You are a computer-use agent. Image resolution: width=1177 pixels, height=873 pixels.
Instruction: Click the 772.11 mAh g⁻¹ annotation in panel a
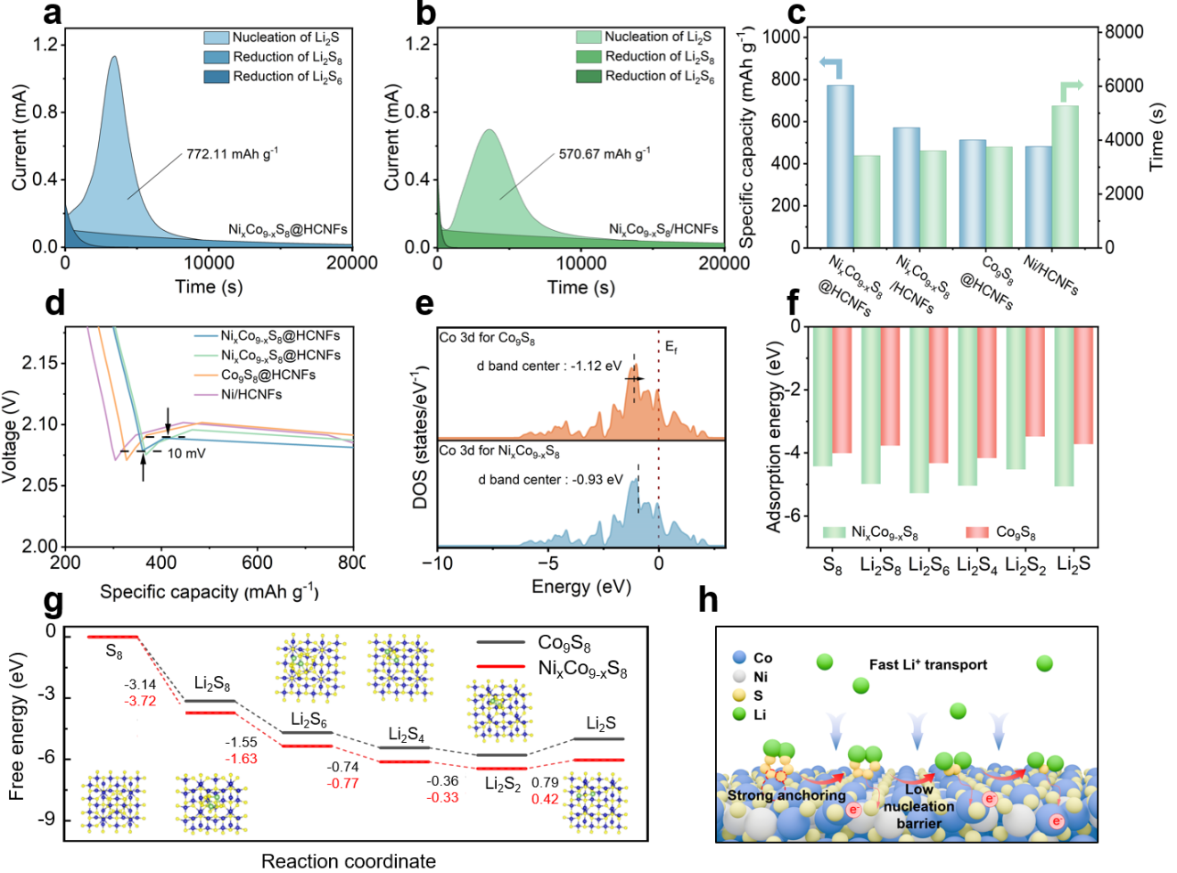[x=231, y=154]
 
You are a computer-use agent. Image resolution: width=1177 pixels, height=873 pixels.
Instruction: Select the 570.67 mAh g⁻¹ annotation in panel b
[x=604, y=154]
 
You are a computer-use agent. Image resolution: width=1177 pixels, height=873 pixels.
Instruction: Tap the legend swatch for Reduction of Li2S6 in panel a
[x=217, y=77]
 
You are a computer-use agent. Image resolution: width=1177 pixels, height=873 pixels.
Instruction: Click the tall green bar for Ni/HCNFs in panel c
[x=1065, y=176]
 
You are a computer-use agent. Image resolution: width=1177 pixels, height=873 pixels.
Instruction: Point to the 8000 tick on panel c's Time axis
[x=1124, y=32]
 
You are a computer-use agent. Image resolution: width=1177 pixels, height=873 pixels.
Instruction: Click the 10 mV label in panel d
[x=186, y=453]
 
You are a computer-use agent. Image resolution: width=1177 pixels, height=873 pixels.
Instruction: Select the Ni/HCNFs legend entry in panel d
[x=251, y=394]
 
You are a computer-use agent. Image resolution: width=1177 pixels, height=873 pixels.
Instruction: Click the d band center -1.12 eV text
[x=549, y=366]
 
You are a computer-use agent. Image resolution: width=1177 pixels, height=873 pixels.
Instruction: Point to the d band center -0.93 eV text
[x=550, y=480]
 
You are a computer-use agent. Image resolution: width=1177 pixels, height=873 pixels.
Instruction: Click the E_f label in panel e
[x=671, y=347]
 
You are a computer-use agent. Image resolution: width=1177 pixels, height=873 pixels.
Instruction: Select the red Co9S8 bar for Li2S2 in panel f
[x=1035, y=382]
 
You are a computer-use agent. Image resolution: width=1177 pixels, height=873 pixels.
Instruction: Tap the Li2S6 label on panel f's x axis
[x=929, y=564]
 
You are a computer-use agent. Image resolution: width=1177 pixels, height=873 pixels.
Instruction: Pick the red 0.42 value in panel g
[x=545, y=798]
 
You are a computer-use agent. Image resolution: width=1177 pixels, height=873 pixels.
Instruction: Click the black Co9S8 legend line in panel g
[x=500, y=642]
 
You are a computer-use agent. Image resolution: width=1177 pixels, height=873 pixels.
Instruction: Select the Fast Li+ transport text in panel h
[x=927, y=664]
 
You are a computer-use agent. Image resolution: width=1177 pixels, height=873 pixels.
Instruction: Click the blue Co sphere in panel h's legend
[x=739, y=657]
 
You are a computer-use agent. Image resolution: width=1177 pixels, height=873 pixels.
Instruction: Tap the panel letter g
[x=54, y=602]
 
